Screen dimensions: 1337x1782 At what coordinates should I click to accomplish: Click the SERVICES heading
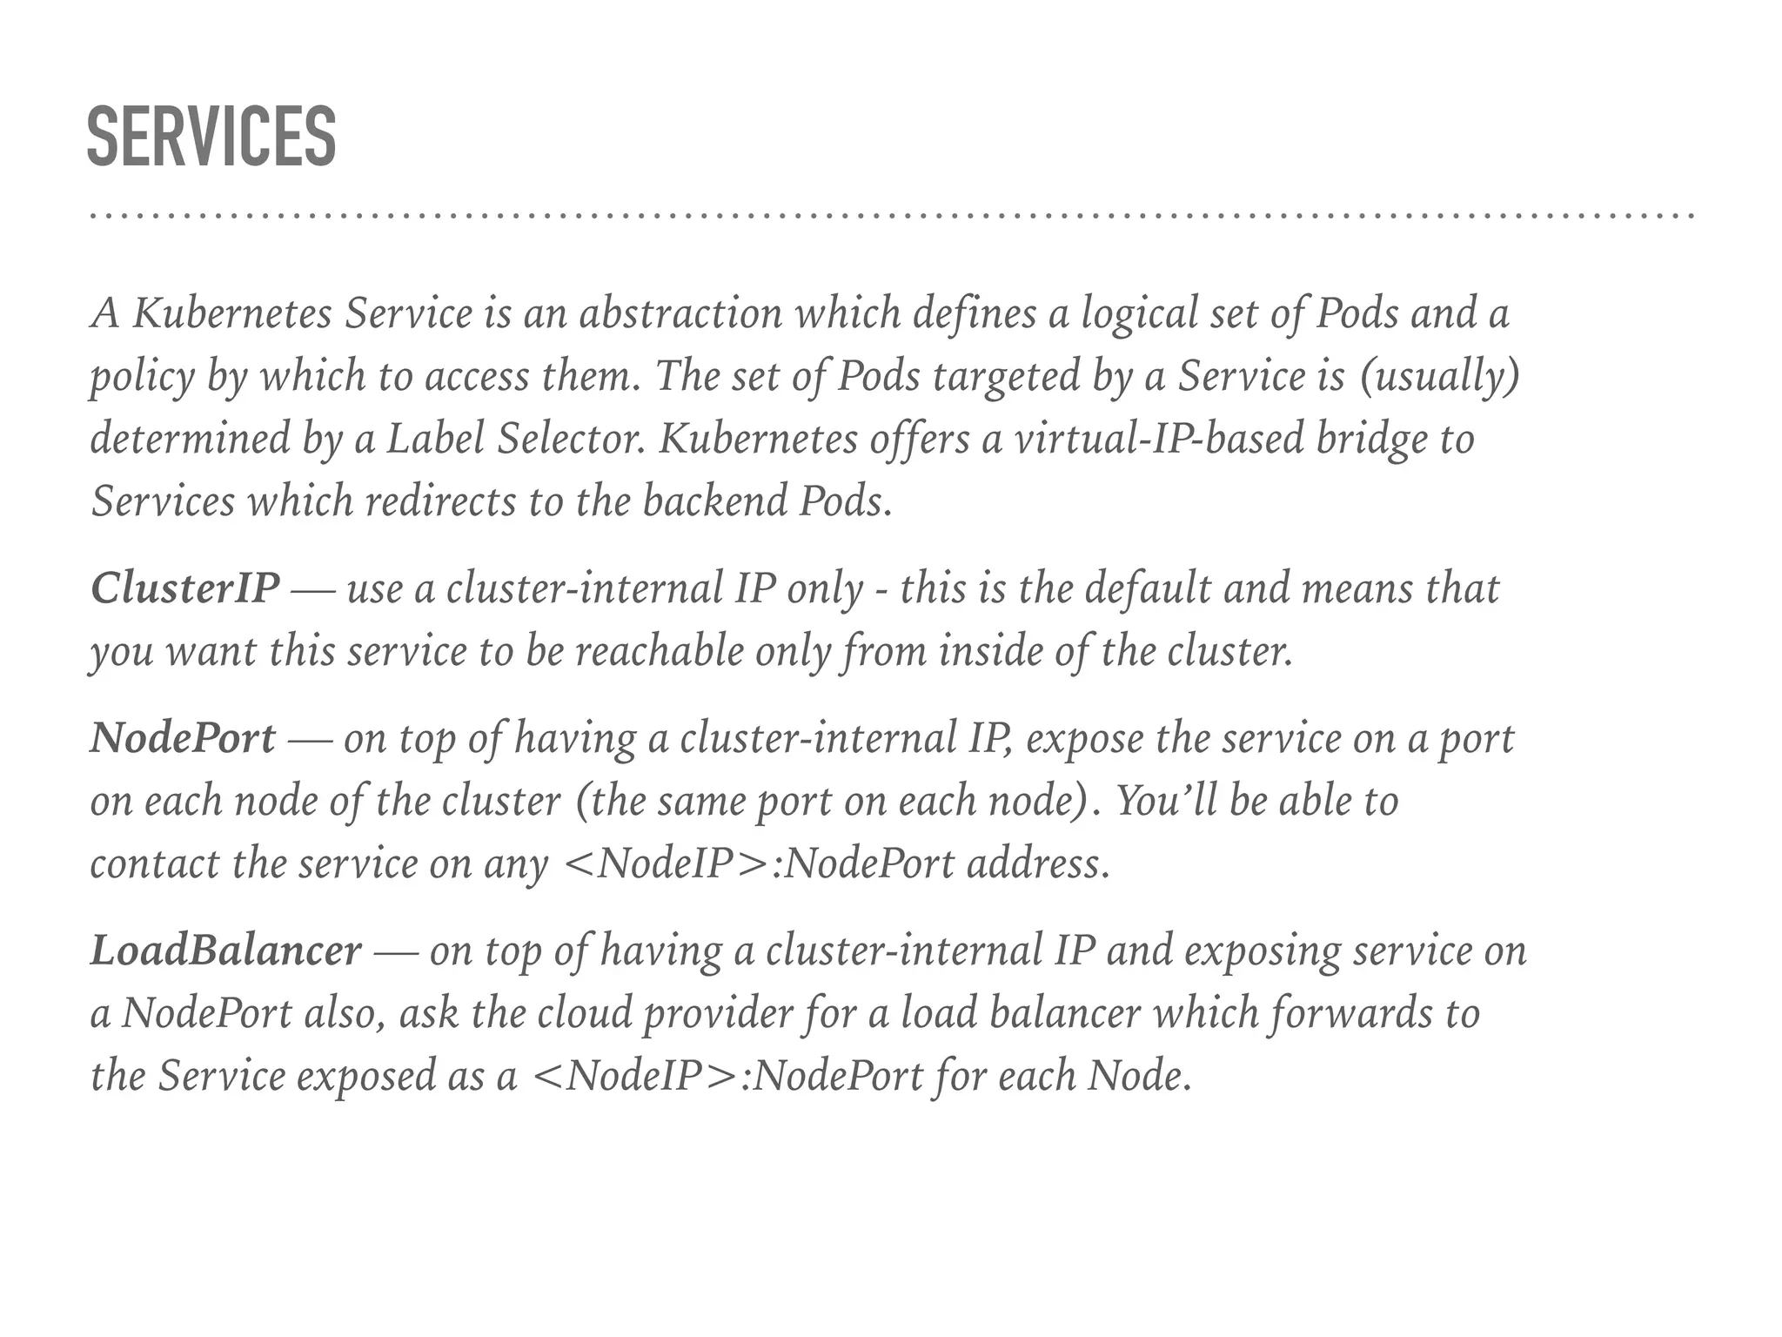tap(211, 137)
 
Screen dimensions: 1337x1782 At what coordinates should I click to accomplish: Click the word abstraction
tap(680, 313)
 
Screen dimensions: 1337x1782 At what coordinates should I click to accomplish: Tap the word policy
tap(143, 377)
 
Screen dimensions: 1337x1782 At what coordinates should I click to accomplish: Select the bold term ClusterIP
tap(184, 588)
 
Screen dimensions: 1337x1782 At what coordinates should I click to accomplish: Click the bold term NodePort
tap(183, 738)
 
